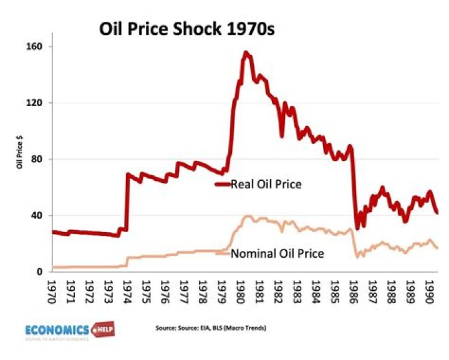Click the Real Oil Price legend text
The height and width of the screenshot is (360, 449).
click(266, 184)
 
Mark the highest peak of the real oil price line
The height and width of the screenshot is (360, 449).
click(246, 52)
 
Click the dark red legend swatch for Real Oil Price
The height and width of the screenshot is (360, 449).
click(223, 184)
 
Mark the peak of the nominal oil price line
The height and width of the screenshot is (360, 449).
click(248, 216)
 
